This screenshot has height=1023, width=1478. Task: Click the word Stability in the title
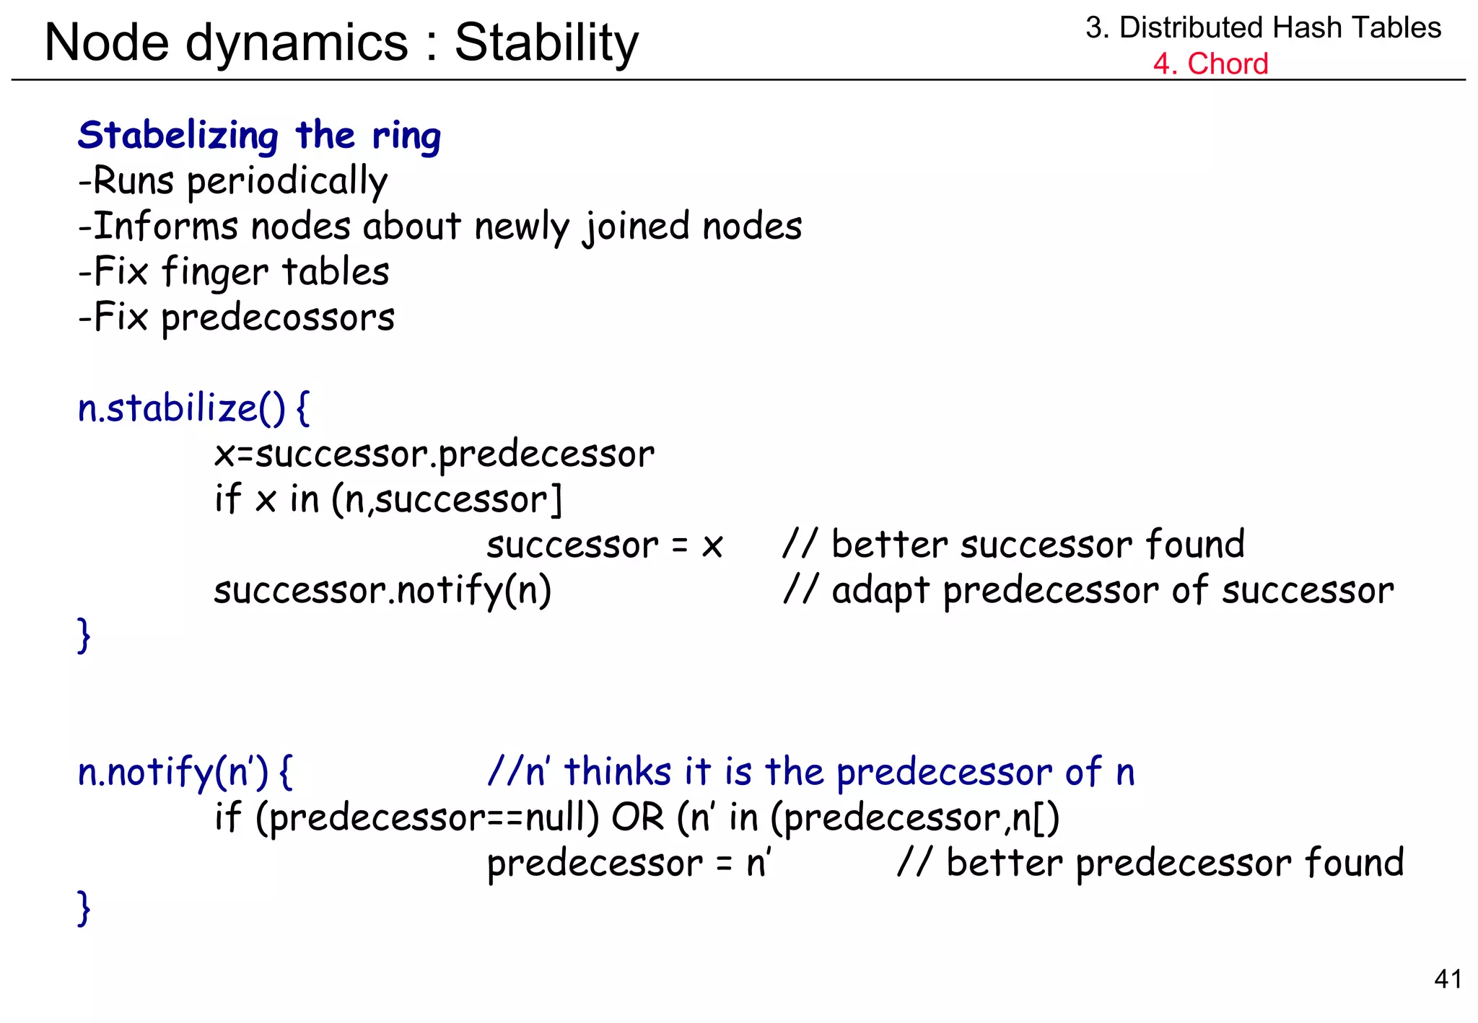click(x=546, y=43)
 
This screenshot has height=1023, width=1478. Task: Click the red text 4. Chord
click(x=1210, y=63)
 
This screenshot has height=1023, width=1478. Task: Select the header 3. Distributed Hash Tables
click(x=1262, y=27)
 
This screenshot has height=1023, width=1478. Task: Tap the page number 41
click(x=1448, y=979)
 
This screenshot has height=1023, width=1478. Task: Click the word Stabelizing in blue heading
click(x=178, y=136)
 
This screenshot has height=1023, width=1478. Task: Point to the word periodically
click(x=287, y=182)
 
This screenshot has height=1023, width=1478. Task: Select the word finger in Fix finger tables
click(x=214, y=273)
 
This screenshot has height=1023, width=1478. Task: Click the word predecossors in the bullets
click(x=278, y=318)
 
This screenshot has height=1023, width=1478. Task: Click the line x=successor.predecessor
click(x=434, y=455)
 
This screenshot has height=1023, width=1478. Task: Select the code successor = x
click(x=604, y=545)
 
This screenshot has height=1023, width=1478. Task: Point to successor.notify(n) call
click(x=382, y=590)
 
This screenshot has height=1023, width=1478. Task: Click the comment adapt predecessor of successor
click(x=1088, y=590)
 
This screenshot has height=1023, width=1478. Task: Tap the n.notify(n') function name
click(x=173, y=772)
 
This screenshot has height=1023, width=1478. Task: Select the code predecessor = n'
click(x=629, y=864)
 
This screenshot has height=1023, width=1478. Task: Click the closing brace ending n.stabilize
click(x=84, y=635)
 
